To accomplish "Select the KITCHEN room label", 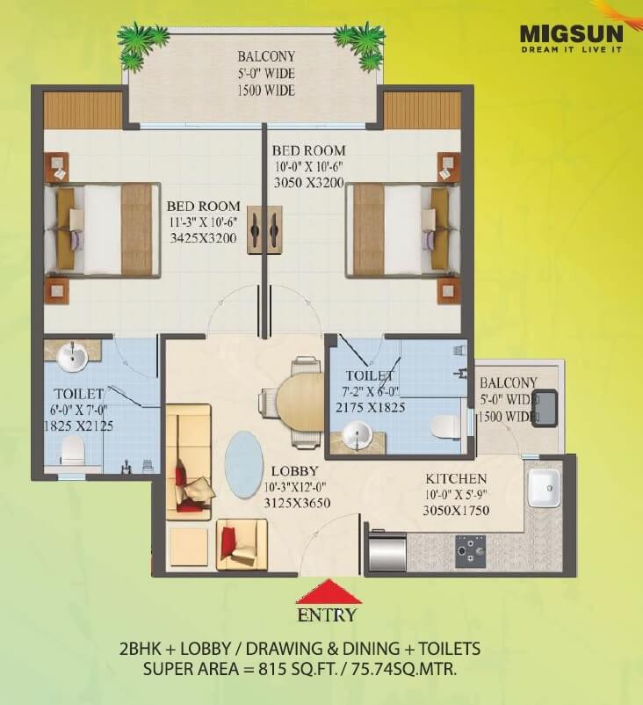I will click(x=456, y=478).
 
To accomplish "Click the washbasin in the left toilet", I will click(x=70, y=357).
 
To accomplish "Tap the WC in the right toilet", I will click(x=445, y=426).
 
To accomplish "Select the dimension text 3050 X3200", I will click(x=307, y=184).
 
